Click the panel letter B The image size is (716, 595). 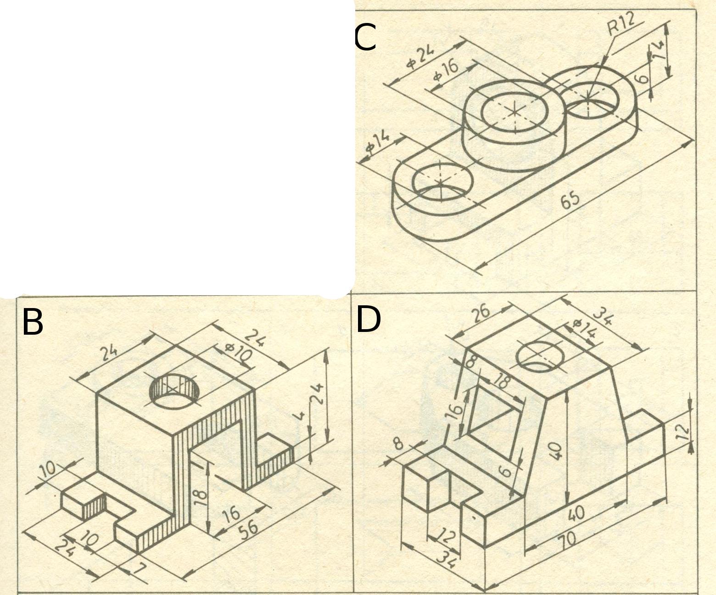point(33,322)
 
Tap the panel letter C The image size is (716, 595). point(365,38)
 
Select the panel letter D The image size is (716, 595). point(369,320)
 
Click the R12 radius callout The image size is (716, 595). point(621,25)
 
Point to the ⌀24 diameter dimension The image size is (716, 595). point(420,58)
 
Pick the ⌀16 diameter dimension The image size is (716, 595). point(446,73)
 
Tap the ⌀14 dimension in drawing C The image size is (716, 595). point(378,142)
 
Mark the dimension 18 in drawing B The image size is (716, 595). point(200,494)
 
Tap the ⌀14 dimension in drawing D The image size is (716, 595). point(585,330)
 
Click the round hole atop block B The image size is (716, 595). point(174,391)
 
